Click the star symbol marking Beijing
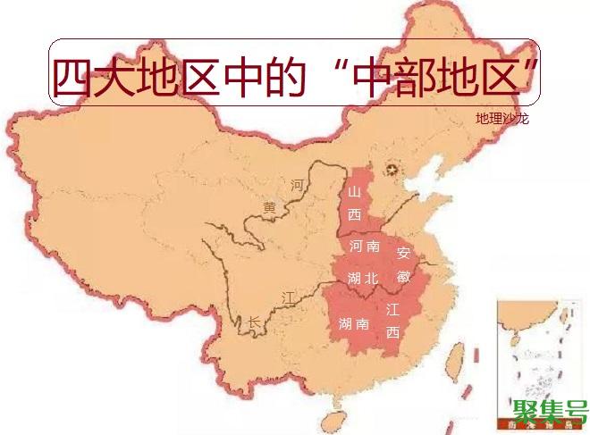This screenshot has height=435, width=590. [x=390, y=170]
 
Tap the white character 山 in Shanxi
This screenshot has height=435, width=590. [x=355, y=193]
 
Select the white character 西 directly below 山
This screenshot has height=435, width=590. [x=355, y=214]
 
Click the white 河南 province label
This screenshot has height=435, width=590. [x=365, y=246]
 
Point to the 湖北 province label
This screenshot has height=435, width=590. [x=363, y=279]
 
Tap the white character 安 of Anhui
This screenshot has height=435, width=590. [x=403, y=253]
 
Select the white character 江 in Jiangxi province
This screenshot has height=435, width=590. [x=392, y=310]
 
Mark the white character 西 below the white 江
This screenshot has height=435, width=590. [x=392, y=333]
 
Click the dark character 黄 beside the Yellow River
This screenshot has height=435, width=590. [x=270, y=207]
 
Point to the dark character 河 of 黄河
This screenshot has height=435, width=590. [x=297, y=186]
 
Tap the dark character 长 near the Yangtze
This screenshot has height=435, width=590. [x=255, y=322]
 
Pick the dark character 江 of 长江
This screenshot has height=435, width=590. [x=288, y=296]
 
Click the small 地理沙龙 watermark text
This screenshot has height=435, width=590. [x=501, y=118]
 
